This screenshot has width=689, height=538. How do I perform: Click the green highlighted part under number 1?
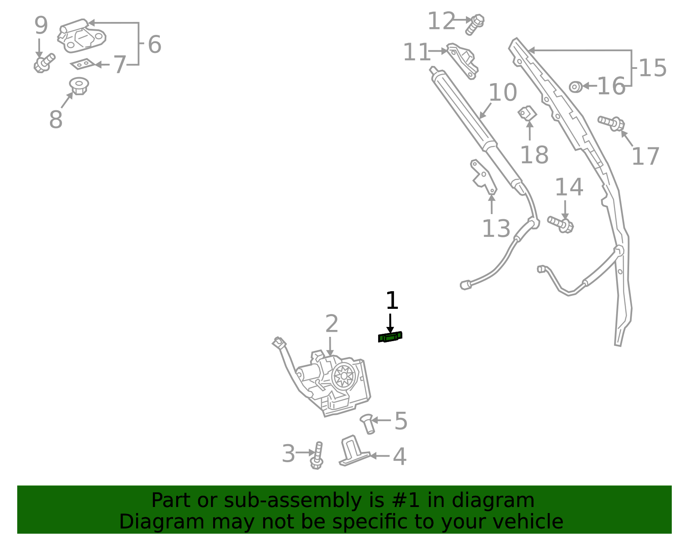click(390, 337)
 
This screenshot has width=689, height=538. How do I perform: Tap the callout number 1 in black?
click(392, 301)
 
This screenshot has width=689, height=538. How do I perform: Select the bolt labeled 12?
click(475, 24)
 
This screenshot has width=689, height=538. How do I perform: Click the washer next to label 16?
click(575, 87)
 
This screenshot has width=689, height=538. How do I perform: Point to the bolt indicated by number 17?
click(612, 123)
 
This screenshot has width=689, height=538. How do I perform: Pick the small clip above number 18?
click(528, 113)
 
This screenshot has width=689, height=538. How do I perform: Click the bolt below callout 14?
click(561, 224)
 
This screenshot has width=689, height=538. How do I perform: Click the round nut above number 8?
click(79, 86)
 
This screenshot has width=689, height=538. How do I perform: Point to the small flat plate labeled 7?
click(83, 64)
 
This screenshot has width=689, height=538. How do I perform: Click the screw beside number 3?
click(317, 456)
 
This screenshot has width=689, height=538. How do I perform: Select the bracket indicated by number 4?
click(352, 452)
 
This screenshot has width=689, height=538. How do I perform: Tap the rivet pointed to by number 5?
click(367, 424)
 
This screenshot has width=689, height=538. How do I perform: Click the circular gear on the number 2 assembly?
click(344, 376)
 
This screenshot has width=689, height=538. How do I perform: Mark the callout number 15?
click(652, 68)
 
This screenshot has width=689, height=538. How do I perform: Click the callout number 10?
click(503, 93)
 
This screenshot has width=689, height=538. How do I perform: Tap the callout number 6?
click(154, 44)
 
